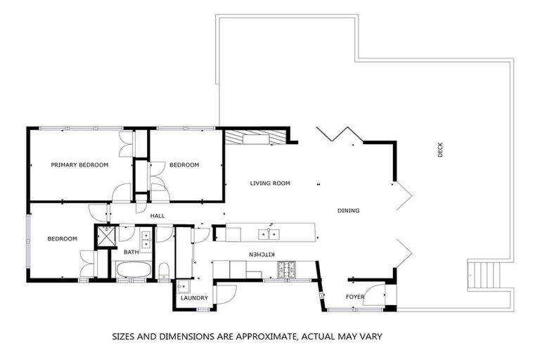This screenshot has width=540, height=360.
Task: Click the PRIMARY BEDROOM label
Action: pos(79,165)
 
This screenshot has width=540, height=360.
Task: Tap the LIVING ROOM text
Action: pos(270,184)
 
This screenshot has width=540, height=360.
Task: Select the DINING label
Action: pos(348,210)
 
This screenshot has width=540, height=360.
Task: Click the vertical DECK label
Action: pos(440,150)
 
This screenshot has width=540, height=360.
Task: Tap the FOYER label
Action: pos(355,297)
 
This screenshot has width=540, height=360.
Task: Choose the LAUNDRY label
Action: pos(194,298)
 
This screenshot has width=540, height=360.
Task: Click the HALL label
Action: pos(157,215)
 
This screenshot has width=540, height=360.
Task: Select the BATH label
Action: pos(131,252)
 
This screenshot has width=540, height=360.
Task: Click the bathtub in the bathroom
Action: pos(132,270)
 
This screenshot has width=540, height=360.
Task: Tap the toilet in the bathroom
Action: pos(163,271)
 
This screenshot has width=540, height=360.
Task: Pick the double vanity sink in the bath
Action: pos(146,240)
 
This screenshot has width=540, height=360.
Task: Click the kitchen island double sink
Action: pos(268,233)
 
